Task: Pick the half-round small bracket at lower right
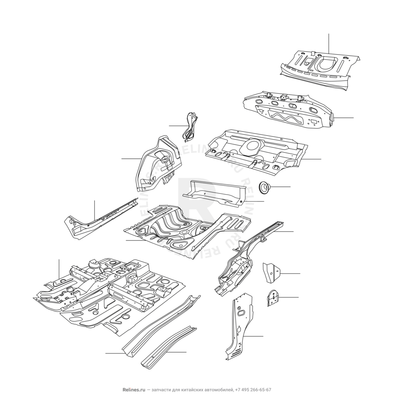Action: (273, 298)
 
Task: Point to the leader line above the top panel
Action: (328, 43)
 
